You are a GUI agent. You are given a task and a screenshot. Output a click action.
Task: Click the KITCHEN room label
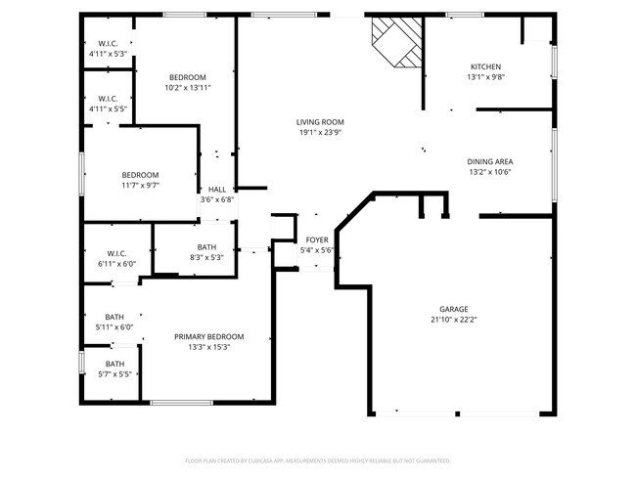(485, 66)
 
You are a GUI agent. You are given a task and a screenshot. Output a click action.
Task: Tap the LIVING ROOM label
(320, 122)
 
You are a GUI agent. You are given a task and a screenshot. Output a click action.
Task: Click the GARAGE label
(453, 309)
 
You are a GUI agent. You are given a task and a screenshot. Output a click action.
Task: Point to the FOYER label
(317, 239)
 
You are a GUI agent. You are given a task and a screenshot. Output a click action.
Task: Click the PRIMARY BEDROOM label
(208, 336)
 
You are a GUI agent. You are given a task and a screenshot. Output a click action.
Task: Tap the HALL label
(216, 190)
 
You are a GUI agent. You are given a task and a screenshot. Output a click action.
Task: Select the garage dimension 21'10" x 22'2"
(453, 320)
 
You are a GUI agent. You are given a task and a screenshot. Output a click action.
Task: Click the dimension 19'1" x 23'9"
(320, 133)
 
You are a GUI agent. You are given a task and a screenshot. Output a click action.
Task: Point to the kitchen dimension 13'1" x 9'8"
(485, 77)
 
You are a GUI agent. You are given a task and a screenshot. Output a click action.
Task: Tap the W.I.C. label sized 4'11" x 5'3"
(108, 44)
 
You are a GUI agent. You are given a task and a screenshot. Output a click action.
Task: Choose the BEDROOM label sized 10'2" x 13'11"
(187, 77)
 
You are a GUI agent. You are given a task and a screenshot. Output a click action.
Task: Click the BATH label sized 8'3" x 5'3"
(206, 247)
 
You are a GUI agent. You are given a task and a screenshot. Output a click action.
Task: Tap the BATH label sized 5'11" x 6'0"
(114, 317)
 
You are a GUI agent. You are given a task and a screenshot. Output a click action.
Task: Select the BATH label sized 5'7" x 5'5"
(114, 364)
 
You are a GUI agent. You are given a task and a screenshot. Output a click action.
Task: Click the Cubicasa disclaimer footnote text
(317, 459)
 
